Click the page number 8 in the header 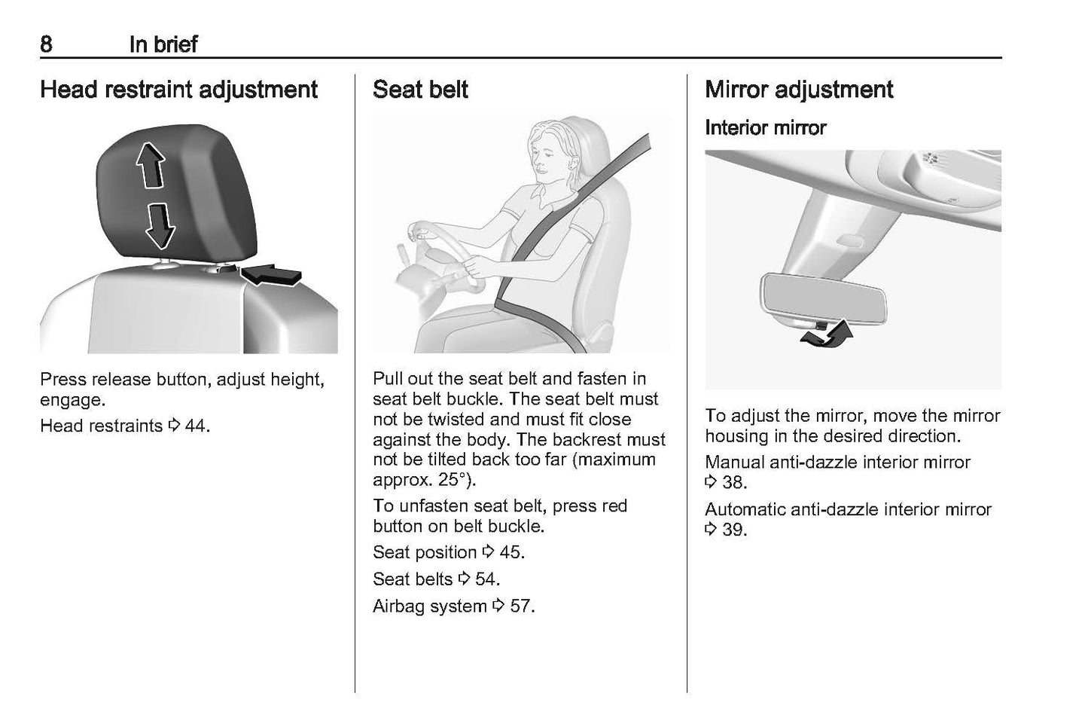tap(46, 44)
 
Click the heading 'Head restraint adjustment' tap(178, 90)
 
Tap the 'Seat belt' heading tap(420, 90)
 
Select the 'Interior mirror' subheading tap(765, 128)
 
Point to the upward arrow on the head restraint tap(151, 165)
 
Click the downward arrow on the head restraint tap(160, 227)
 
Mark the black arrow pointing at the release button tap(271, 276)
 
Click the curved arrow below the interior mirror tap(827, 334)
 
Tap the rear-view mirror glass tap(824, 298)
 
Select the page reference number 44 tap(197, 426)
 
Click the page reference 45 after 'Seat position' tap(512, 552)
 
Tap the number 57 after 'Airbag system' tap(522, 606)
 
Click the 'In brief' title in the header tap(163, 44)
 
